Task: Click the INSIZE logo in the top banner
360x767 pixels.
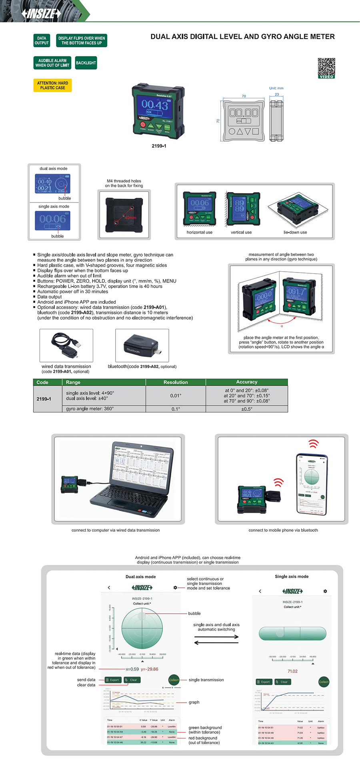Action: click(x=42, y=14)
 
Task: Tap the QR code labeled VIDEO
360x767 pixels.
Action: click(x=326, y=67)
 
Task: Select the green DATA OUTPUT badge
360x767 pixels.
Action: click(x=42, y=40)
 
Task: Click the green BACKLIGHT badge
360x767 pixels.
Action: click(x=86, y=63)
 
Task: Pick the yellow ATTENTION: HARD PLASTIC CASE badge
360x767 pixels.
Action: click(x=52, y=85)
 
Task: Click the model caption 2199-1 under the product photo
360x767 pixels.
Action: click(x=159, y=146)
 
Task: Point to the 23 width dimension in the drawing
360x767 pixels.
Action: click(x=277, y=94)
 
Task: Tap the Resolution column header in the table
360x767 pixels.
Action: click(x=176, y=382)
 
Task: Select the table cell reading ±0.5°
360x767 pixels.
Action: click(x=246, y=409)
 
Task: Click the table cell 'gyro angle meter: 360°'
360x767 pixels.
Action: click(x=90, y=409)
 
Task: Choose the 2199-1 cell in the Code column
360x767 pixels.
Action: click(x=44, y=399)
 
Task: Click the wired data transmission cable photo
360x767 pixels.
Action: click(x=66, y=344)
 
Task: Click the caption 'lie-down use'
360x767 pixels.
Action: click(x=295, y=232)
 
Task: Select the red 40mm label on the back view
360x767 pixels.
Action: click(x=130, y=218)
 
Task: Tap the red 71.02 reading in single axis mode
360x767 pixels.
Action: click(x=292, y=671)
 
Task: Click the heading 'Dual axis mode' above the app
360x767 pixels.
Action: click(x=140, y=577)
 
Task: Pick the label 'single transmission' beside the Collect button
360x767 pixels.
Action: click(x=206, y=680)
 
